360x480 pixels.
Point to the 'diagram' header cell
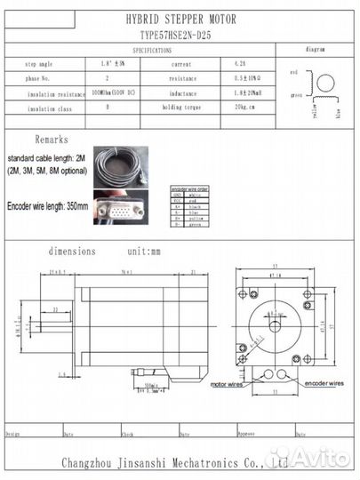click(x=315, y=52)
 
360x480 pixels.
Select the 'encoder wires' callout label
click(x=323, y=384)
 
